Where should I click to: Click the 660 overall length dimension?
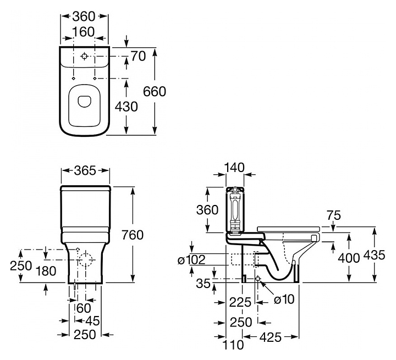click(155, 91)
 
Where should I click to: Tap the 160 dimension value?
click(84, 32)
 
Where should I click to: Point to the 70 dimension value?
click(138, 57)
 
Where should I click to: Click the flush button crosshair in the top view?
click(84, 57)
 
